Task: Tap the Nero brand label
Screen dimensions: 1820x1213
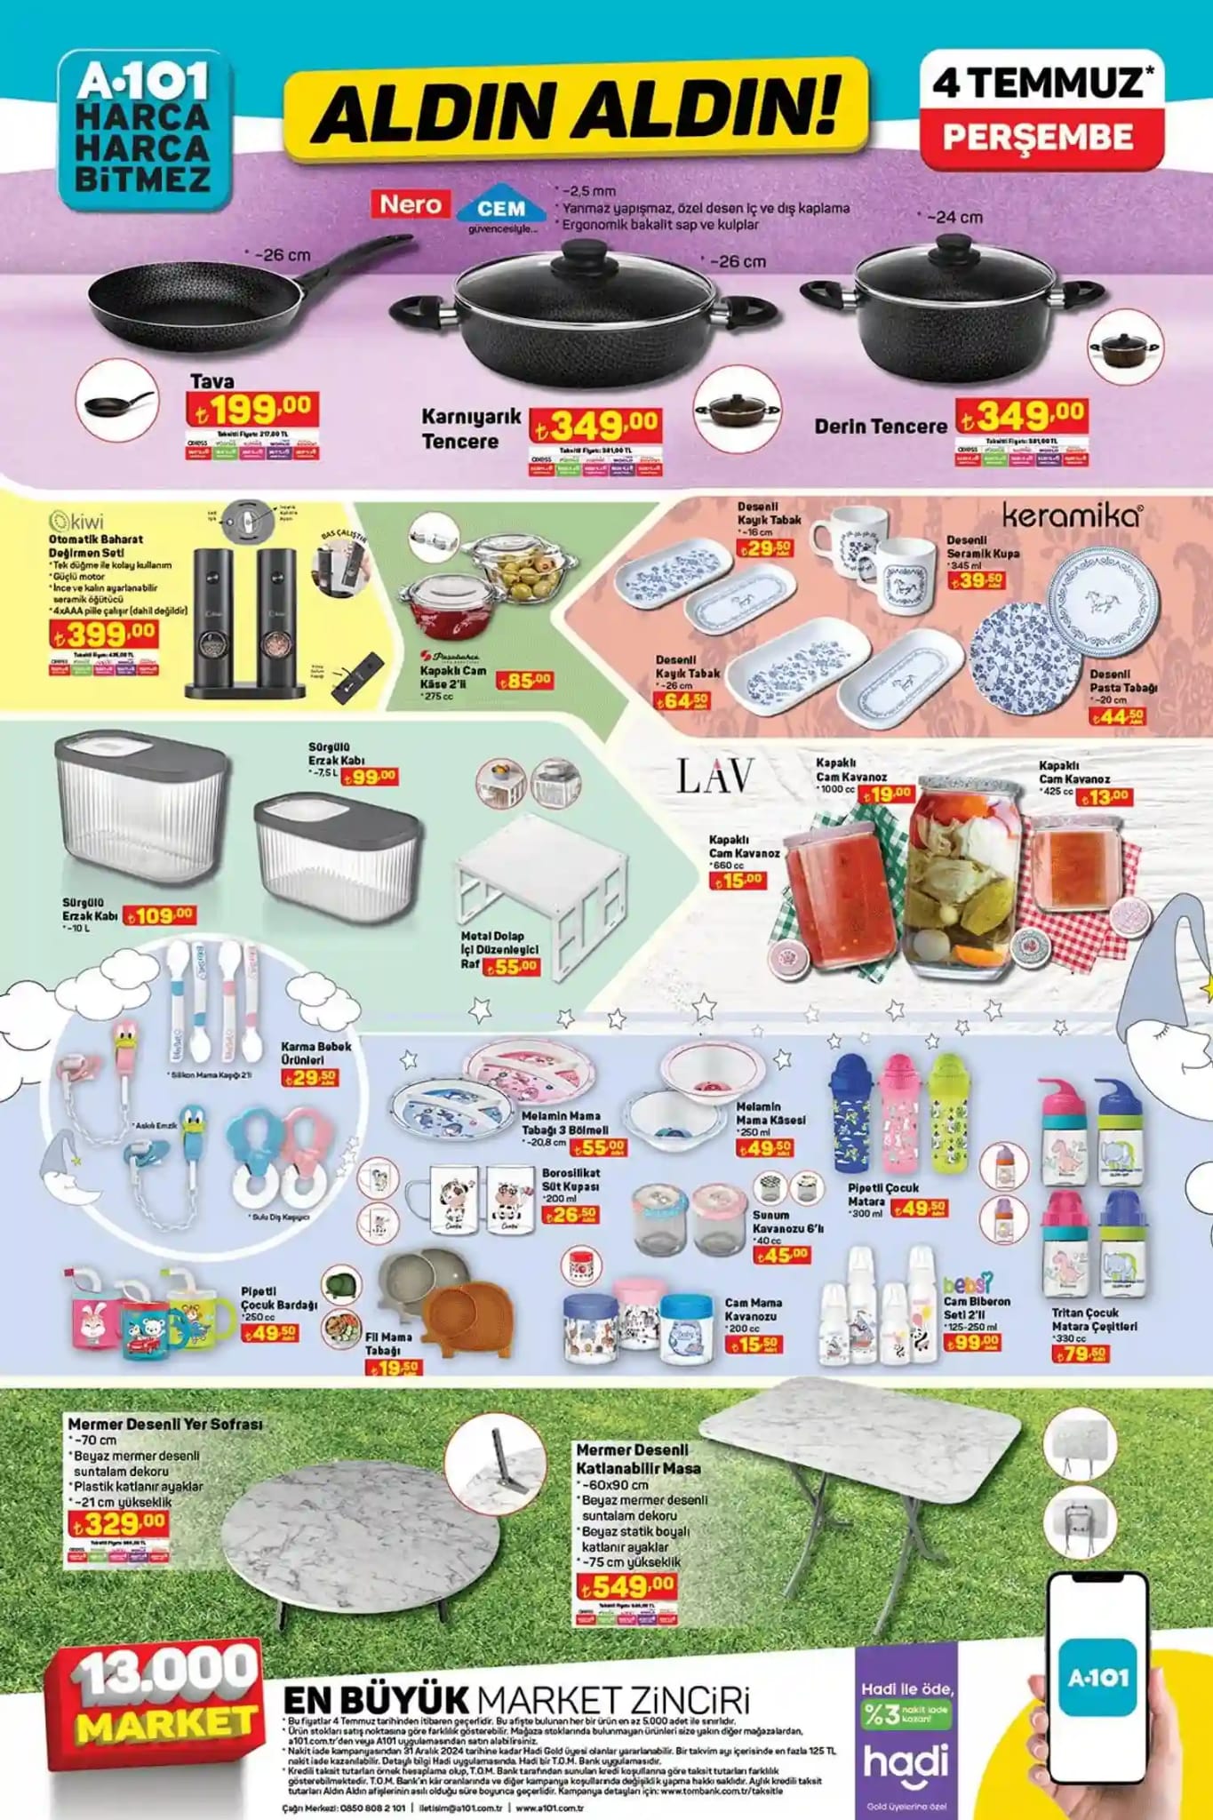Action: (x=410, y=204)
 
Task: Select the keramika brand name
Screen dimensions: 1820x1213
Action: (x=1072, y=515)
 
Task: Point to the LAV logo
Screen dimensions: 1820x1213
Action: (x=715, y=776)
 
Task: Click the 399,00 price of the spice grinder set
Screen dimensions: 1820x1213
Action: (x=104, y=634)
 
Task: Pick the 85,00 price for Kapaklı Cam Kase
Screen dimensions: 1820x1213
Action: (x=524, y=681)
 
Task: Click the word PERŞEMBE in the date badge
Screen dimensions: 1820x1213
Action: (x=1038, y=137)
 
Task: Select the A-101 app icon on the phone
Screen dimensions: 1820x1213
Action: (x=1098, y=1677)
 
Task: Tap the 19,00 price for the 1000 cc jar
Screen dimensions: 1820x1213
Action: (x=887, y=793)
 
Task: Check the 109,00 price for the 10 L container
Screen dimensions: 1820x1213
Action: (x=160, y=914)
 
